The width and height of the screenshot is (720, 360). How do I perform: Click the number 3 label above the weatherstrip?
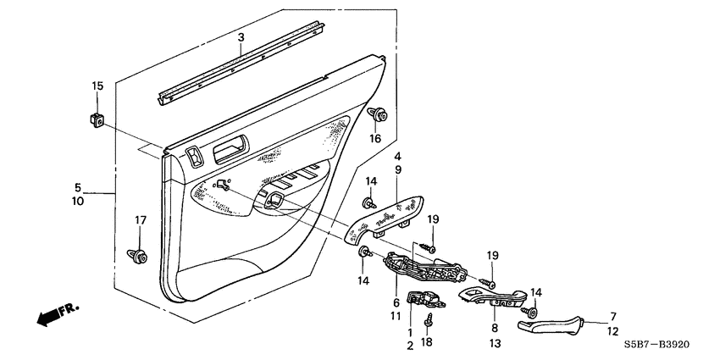(x=241, y=37)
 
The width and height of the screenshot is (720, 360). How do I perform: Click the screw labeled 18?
(x=429, y=320)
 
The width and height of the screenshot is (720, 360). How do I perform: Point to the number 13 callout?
(x=494, y=343)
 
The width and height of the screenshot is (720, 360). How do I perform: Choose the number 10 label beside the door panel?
(x=77, y=202)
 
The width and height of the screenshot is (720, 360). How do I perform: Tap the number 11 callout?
(x=395, y=315)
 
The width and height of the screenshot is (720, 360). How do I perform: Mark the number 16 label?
(x=374, y=137)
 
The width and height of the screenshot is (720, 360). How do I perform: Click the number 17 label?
(x=141, y=220)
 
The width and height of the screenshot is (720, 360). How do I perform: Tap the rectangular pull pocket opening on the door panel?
(x=230, y=152)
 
